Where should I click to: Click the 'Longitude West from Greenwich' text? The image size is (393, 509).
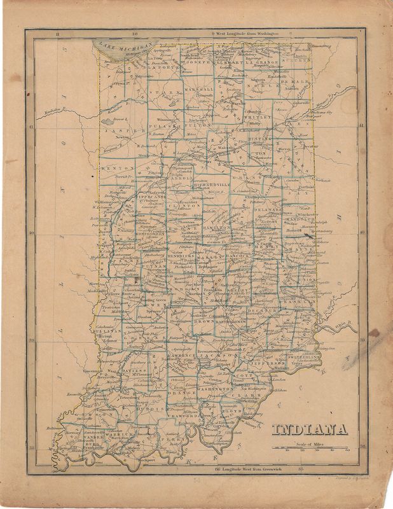[246, 470]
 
